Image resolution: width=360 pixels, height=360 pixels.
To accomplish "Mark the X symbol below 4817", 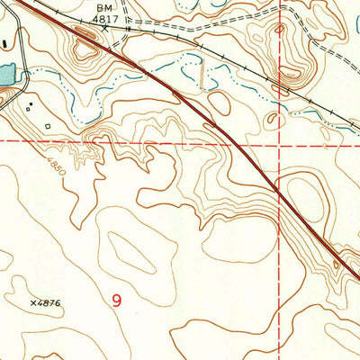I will (105, 28).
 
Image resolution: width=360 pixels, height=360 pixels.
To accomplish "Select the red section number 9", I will (117, 301).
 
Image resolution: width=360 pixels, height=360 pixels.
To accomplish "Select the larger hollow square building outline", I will (47, 127).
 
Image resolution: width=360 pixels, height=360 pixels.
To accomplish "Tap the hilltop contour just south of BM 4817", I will (87, 55).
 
